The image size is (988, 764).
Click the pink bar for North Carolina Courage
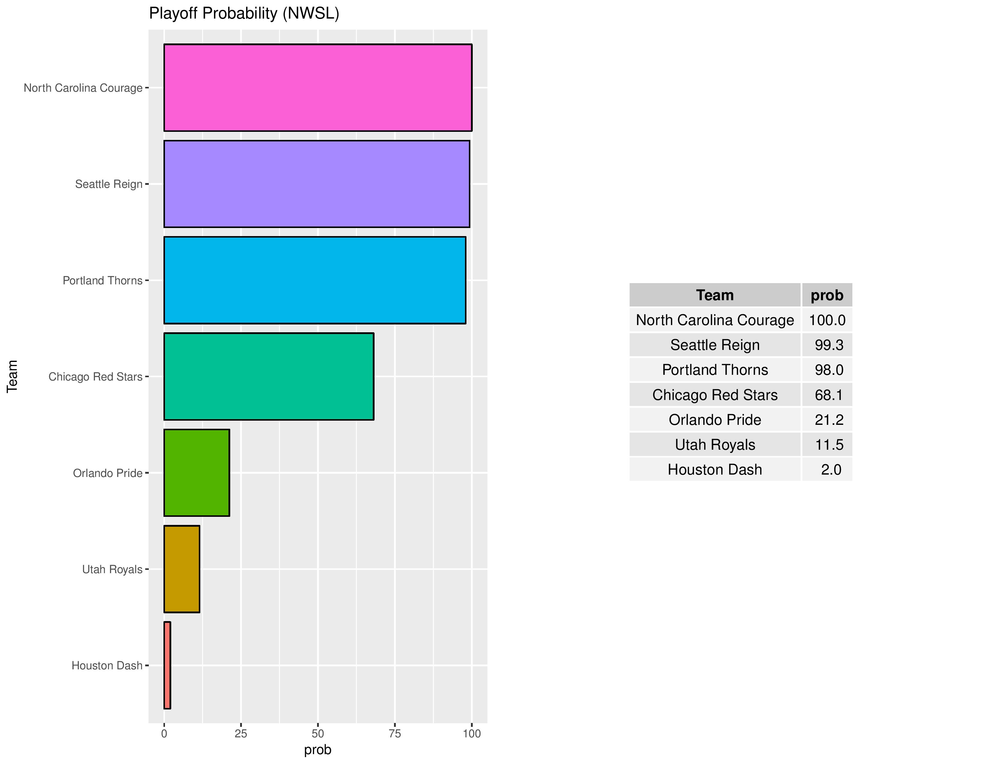click(x=318, y=87)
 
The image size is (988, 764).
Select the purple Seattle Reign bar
click(x=317, y=184)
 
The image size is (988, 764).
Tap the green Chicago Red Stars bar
click(x=269, y=377)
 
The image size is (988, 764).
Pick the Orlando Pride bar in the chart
click(x=196, y=472)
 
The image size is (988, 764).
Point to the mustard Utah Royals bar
click(x=181, y=569)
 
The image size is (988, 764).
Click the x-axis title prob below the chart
click(x=318, y=750)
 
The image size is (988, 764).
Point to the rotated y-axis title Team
click(x=12, y=377)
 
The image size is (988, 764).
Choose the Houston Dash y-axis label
click(x=107, y=665)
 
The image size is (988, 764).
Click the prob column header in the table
click(x=827, y=295)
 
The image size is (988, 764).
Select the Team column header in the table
click(x=715, y=295)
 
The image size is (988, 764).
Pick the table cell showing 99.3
click(x=829, y=345)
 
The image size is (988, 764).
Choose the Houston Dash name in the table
click(x=715, y=470)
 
